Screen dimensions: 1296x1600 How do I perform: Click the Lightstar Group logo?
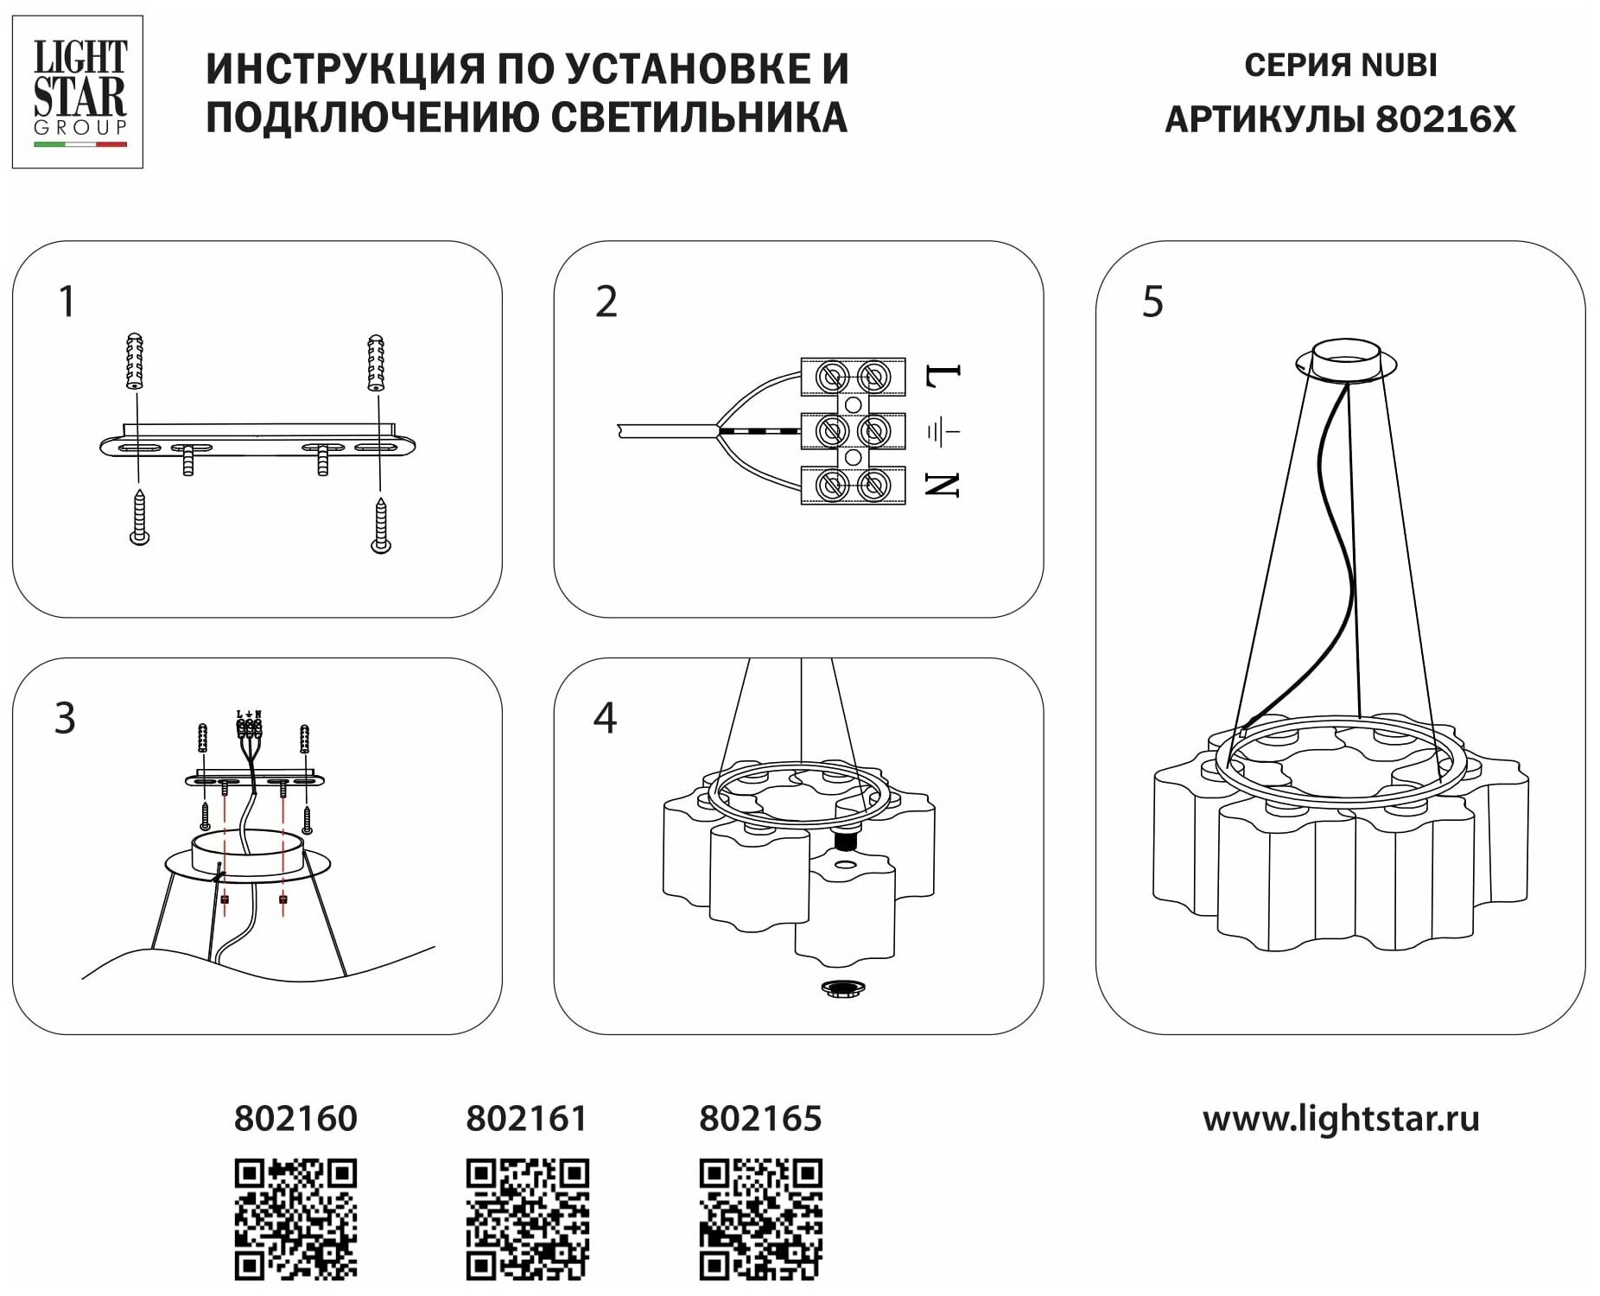point(78,92)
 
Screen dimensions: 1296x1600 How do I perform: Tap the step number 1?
point(67,302)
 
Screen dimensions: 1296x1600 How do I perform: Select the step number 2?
point(606,302)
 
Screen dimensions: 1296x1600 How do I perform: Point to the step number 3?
point(66,718)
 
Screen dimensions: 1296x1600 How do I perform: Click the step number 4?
point(605,718)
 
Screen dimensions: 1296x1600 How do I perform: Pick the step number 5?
point(1152,302)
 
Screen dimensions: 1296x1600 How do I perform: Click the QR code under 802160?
point(295,1219)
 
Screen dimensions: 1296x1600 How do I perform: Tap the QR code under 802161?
point(528,1219)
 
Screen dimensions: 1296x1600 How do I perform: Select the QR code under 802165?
point(760,1219)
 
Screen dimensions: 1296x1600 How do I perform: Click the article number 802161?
point(526,1118)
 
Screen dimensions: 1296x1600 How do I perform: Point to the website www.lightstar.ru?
point(1341,1118)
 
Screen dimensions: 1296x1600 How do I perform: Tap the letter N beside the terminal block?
point(943,485)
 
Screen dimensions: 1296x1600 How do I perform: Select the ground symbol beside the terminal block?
point(943,429)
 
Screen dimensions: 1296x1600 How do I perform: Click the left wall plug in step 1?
point(134,361)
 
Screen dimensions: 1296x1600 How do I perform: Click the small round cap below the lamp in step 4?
point(844,989)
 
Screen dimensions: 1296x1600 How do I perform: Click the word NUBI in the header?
point(1400,66)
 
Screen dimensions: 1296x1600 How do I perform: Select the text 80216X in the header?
point(1445,119)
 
